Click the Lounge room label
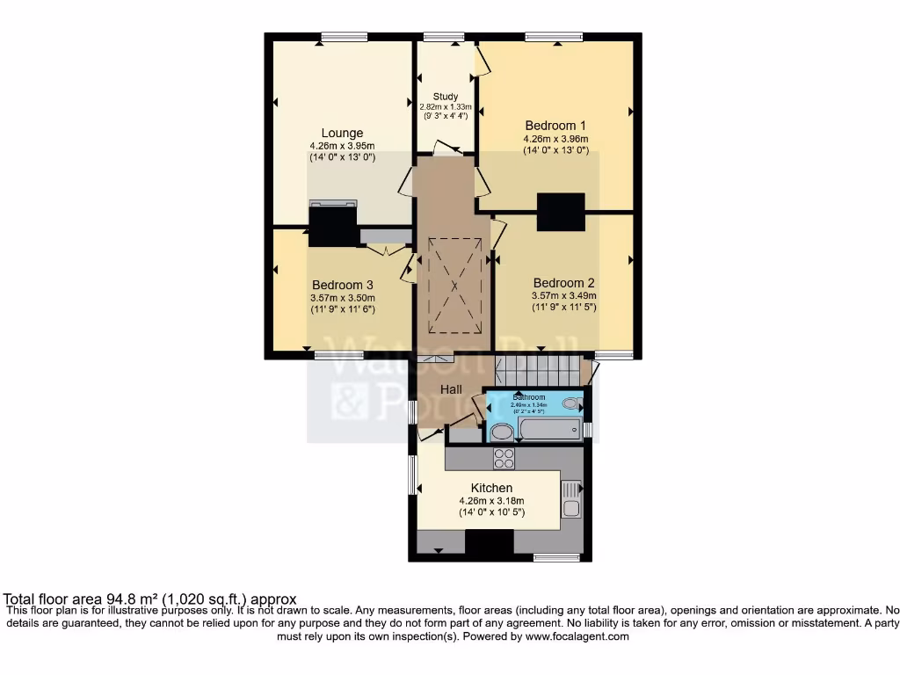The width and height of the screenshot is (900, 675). (x=342, y=134)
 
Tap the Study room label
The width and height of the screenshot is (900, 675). (x=446, y=97)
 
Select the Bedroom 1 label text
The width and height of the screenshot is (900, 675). (x=555, y=125)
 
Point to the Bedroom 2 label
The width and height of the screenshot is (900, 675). (x=563, y=283)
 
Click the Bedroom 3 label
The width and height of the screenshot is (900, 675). (x=343, y=285)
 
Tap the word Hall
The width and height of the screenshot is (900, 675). (x=452, y=388)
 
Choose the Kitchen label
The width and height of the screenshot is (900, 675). (x=491, y=488)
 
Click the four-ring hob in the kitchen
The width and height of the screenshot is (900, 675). (x=504, y=458)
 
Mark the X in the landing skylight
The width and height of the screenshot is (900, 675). (x=454, y=287)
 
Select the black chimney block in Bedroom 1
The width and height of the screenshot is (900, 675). (x=561, y=212)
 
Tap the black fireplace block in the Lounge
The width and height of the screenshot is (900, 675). (x=334, y=224)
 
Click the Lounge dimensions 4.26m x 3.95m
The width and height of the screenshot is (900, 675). (x=342, y=146)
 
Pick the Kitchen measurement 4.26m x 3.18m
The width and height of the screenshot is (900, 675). (x=491, y=501)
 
